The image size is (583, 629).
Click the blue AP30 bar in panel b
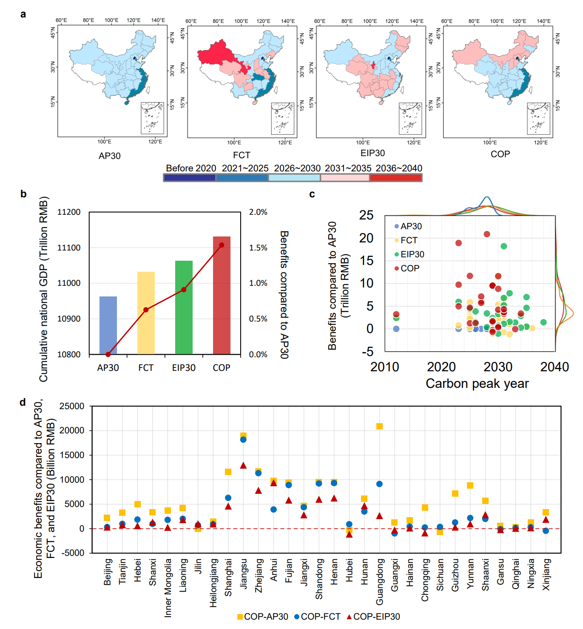pos(108,325)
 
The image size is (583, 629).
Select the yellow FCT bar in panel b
pos(146,313)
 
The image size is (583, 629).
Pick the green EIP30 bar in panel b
pos(184,307)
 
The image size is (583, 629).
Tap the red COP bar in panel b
pos(222,295)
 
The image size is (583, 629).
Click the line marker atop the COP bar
pos(222,245)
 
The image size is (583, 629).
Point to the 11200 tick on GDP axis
pos(69,212)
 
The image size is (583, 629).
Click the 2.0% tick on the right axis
pos(258,212)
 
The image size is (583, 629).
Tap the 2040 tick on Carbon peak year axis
pos(554,367)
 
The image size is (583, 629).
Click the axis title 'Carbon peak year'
pos(477,384)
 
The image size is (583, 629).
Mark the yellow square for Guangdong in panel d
pos(379,427)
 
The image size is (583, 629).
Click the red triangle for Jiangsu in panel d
pos(243,466)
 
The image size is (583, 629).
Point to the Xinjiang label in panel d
pos(546,574)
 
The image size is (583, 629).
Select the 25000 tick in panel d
pos(72,406)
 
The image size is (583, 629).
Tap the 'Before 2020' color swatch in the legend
pos(190,178)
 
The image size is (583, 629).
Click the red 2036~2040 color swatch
pos(395,178)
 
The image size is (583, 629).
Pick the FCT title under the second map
pos(242,155)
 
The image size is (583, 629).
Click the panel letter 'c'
pos(312,194)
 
